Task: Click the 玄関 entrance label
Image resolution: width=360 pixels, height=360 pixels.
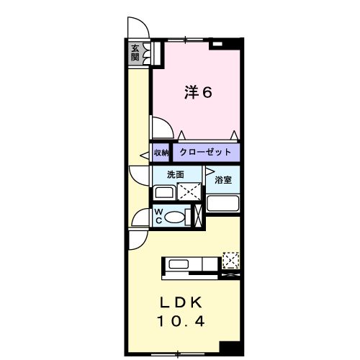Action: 135,52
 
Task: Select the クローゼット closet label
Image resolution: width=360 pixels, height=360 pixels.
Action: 205,152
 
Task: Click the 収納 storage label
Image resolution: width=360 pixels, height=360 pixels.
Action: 161,152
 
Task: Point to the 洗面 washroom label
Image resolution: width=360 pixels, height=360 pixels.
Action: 176,174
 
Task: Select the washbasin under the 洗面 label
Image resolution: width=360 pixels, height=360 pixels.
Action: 165,192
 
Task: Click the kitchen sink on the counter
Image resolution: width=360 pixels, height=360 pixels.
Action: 178,264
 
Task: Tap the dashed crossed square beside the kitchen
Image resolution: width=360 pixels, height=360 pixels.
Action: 231,259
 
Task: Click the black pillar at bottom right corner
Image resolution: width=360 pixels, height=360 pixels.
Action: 230,347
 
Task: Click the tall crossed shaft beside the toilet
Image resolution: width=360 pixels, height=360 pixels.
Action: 199,216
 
